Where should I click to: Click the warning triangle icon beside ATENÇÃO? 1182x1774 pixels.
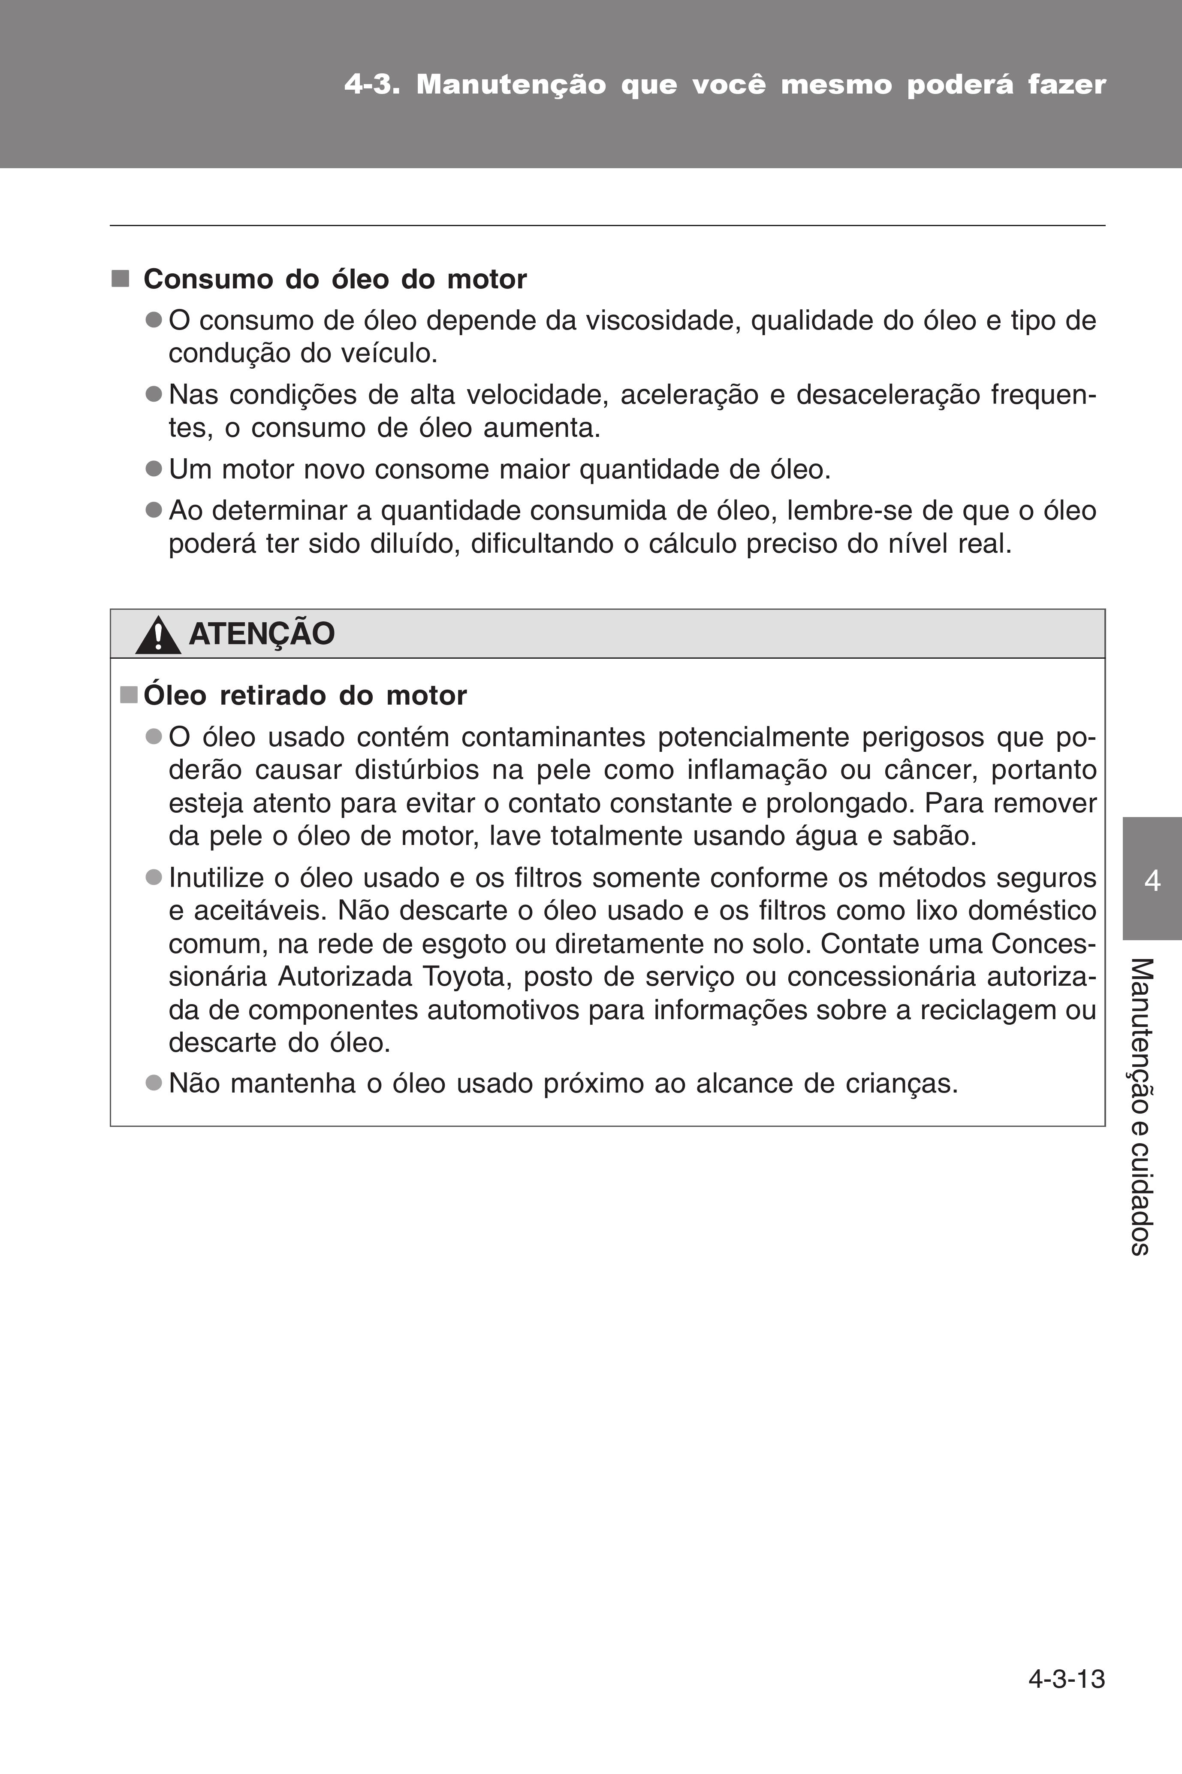(157, 635)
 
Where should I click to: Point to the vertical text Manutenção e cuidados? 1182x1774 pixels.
(1141, 1106)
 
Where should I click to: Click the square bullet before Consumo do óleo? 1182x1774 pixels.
(120, 279)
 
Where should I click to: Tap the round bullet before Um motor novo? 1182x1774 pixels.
(154, 469)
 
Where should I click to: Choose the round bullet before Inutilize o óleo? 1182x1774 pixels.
(154, 877)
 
